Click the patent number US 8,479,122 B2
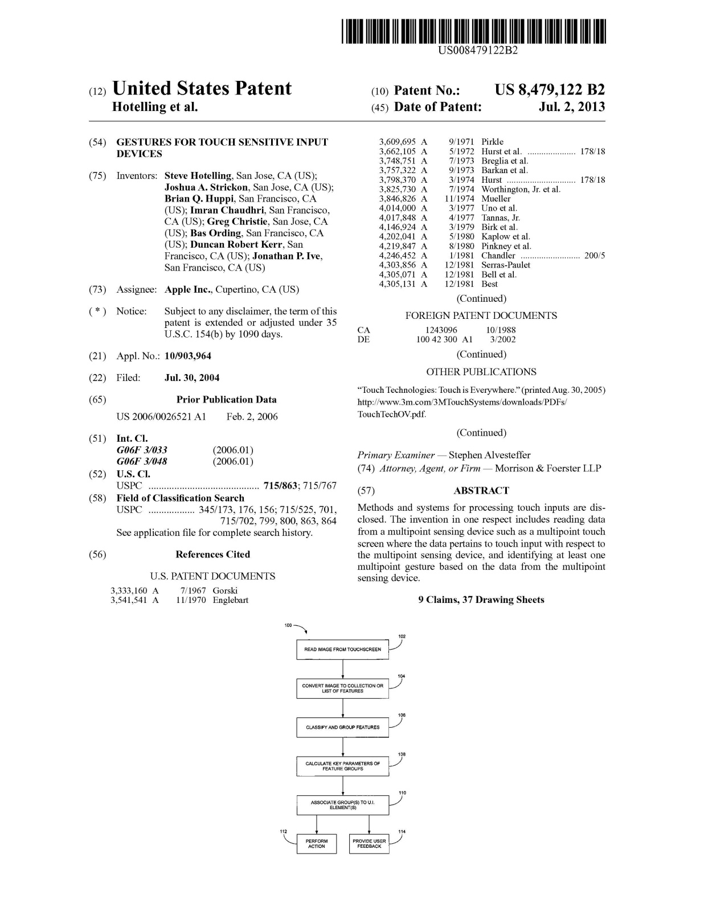[549, 90]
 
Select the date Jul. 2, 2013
[571, 107]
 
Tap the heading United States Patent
[202, 89]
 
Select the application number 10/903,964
[187, 356]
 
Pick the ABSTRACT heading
[481, 490]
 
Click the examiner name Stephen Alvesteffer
[489, 455]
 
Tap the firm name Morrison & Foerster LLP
[547, 468]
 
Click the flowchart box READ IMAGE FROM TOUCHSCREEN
[342, 650]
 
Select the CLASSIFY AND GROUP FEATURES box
[342, 727]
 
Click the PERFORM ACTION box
[316, 843]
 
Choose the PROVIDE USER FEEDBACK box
[369, 843]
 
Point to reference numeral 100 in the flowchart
[288, 625]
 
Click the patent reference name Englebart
[230, 600]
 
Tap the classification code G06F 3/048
[142, 461]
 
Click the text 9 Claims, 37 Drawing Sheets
[481, 600]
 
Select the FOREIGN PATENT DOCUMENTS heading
[481, 315]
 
